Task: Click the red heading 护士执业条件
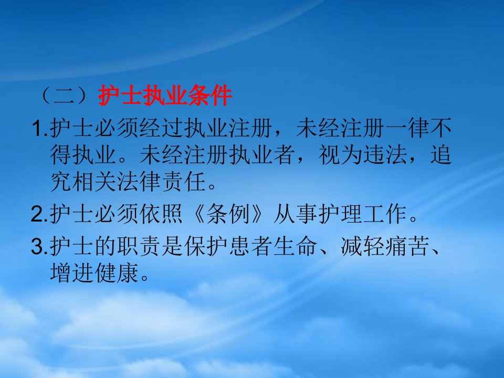tap(165, 96)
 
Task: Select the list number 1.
tap(39, 128)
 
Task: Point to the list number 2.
tap(39, 214)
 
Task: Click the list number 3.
tap(39, 247)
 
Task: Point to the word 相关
tap(95, 182)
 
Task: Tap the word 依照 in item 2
tap(161, 214)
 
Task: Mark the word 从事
tap(295, 214)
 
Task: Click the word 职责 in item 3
tap(139, 247)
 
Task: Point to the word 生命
tap(295, 247)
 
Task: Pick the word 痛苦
tap(407, 247)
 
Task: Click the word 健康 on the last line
tap(117, 273)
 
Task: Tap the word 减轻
tap(362, 247)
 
